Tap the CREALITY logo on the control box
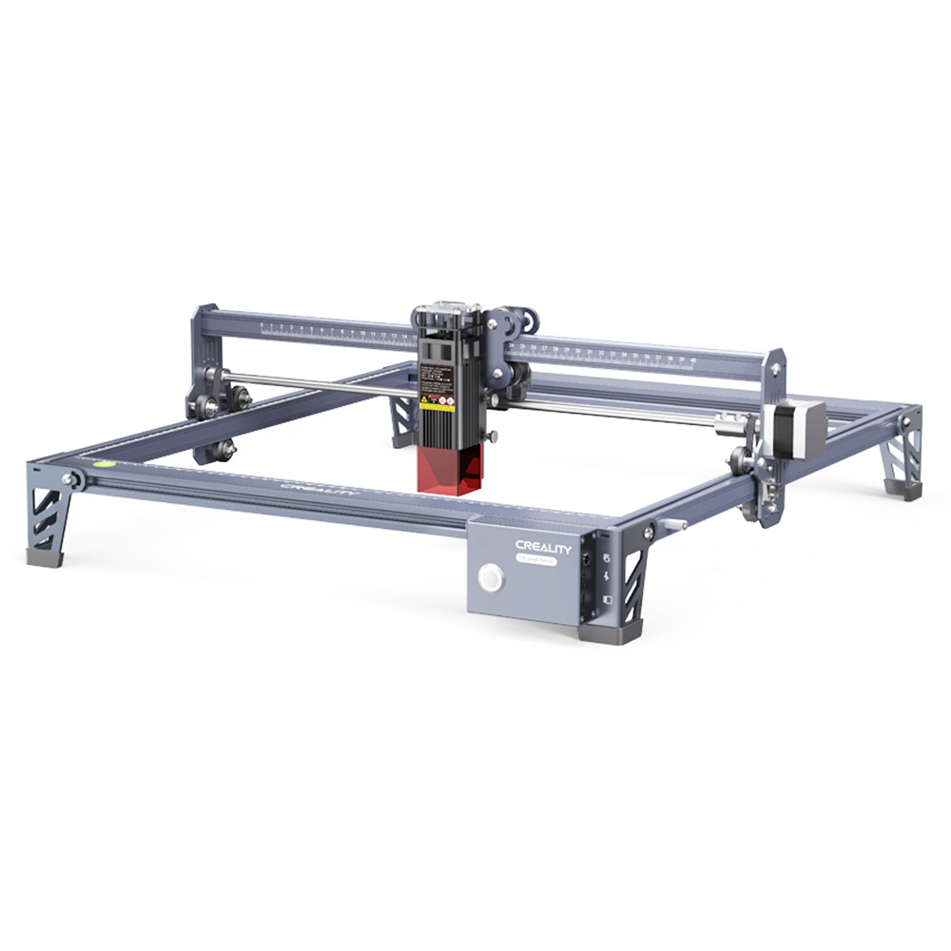544,546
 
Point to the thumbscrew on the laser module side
494,437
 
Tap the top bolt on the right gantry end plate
778,364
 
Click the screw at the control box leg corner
650,530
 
